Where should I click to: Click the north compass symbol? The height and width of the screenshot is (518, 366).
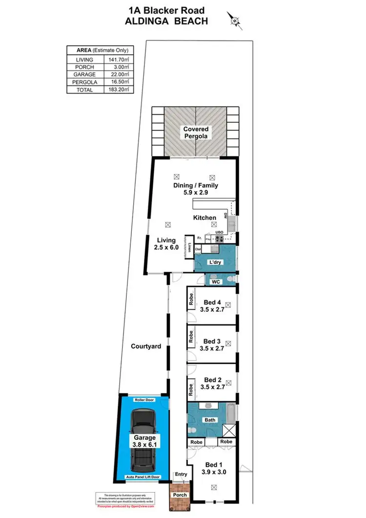(235, 21)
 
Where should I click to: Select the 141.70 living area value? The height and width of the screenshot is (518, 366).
(117, 60)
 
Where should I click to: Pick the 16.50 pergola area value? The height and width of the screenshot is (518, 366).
(117, 82)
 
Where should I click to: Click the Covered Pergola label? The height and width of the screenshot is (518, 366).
(196, 133)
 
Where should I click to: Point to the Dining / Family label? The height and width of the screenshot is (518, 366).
(196, 189)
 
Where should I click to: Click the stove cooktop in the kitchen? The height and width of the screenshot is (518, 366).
(219, 239)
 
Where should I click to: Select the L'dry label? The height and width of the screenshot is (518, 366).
(214, 262)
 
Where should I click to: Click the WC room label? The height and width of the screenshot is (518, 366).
(216, 282)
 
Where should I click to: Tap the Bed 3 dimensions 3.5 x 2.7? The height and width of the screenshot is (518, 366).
(212, 348)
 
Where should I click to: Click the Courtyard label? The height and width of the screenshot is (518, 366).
(146, 346)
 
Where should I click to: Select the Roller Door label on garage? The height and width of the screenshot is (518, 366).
(144, 400)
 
